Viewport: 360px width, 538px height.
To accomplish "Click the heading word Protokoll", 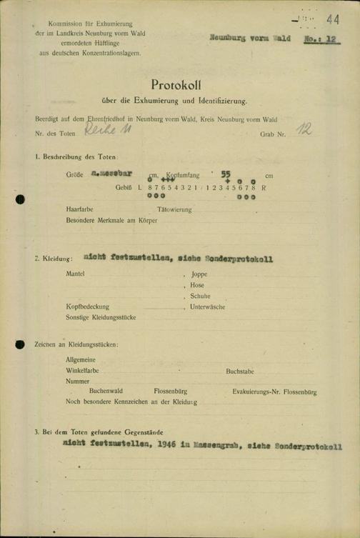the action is tap(179, 86).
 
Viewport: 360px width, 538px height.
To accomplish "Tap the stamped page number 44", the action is tap(332, 19).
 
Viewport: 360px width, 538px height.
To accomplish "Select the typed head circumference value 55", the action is tap(226, 174).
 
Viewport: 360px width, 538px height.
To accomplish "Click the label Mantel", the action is tap(75, 273).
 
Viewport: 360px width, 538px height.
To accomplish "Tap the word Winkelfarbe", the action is tap(81, 372).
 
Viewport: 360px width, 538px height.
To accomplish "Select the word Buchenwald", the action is tap(106, 392).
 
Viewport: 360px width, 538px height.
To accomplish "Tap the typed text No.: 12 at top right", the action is tap(319, 41).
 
